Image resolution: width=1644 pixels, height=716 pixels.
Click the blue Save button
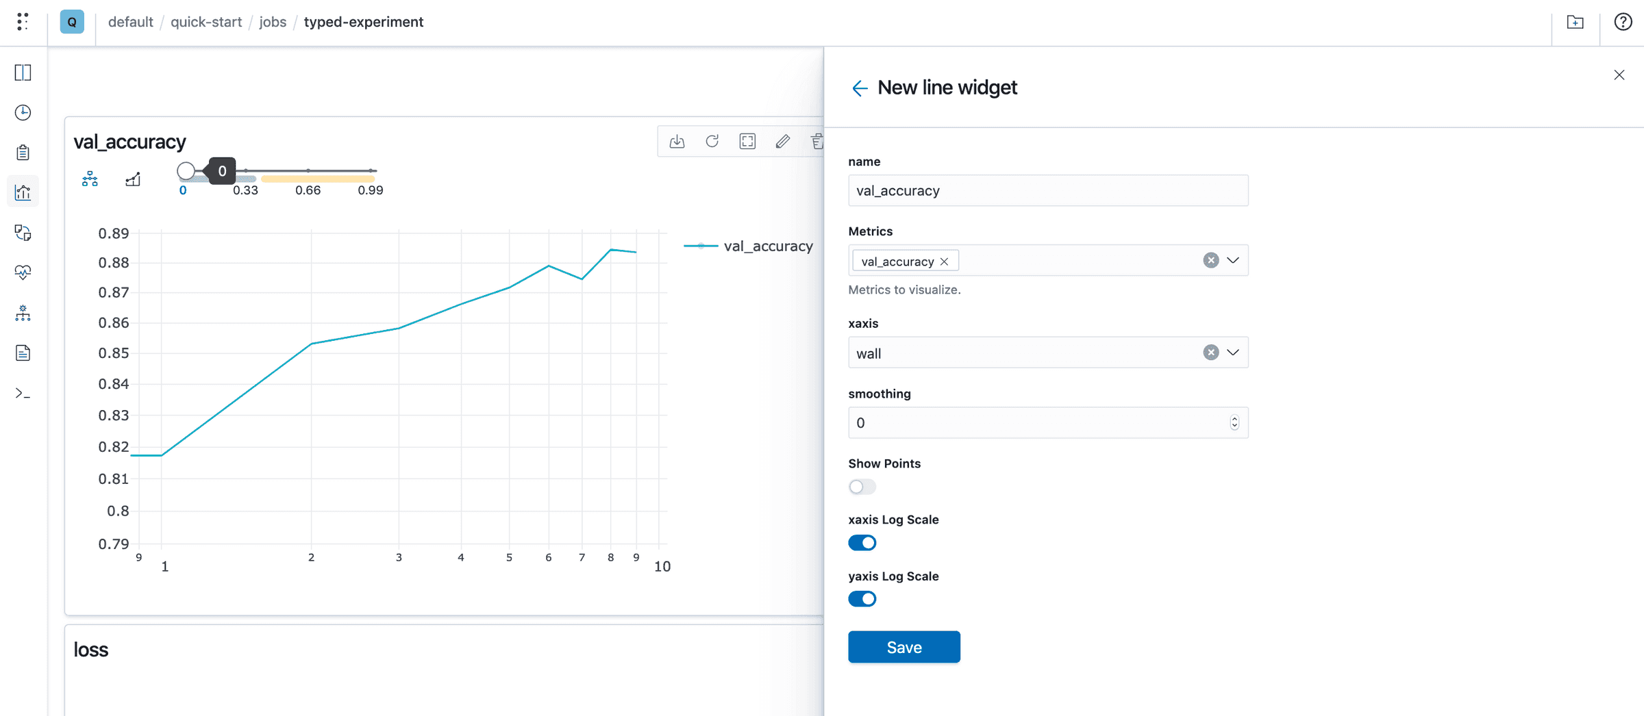904,647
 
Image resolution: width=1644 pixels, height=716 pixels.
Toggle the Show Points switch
862,487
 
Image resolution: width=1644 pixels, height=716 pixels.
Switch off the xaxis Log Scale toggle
862,543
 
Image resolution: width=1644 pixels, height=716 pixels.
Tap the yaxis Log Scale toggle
862,599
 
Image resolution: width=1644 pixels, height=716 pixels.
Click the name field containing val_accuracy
1047,191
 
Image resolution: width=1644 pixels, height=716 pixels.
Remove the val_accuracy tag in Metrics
944,261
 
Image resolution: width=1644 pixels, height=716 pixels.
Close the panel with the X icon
1619,75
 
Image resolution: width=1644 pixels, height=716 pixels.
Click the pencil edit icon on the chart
782,142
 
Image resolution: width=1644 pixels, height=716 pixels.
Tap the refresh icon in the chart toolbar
712,142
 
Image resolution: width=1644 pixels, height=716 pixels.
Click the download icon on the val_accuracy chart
677,142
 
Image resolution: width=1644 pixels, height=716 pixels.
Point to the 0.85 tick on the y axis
114,353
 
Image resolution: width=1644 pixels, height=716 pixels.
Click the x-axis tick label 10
662,567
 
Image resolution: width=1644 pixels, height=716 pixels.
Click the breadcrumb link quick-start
206,22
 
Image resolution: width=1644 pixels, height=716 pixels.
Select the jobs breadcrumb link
273,22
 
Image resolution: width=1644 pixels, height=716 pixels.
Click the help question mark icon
1623,22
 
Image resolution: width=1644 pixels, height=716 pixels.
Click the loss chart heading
91,650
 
